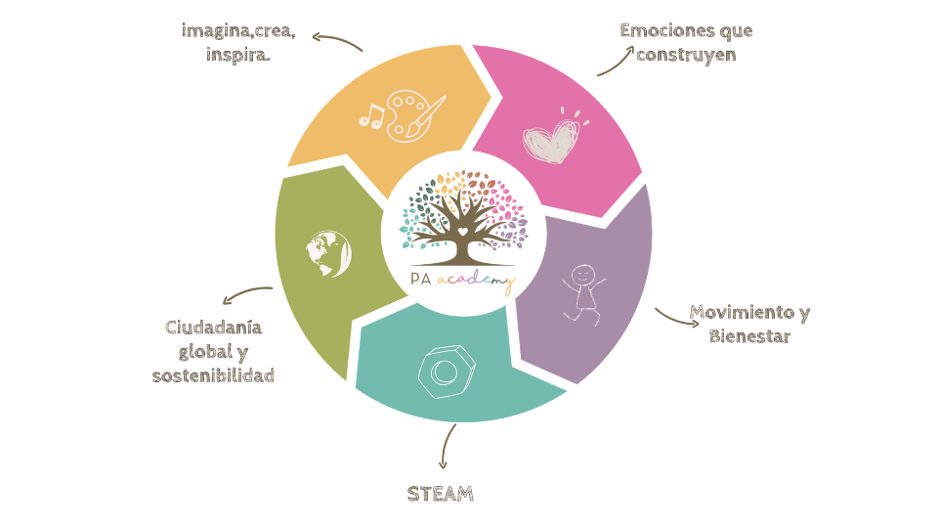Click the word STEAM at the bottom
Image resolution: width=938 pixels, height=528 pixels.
click(x=441, y=494)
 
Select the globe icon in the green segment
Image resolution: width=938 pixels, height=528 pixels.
click(x=328, y=254)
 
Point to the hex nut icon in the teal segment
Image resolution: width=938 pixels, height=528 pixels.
click(x=447, y=372)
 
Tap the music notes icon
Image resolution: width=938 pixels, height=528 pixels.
click(x=371, y=116)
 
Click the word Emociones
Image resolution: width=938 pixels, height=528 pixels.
click(x=660, y=30)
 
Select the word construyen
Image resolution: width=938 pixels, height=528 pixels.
click(x=686, y=55)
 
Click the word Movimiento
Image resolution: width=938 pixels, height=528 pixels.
click(x=742, y=313)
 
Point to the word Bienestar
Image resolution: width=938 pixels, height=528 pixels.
click(x=749, y=335)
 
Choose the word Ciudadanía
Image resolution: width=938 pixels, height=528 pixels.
click(x=214, y=328)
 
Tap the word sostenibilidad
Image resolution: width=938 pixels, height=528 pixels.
click(x=213, y=375)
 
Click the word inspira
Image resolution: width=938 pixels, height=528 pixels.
click(x=238, y=55)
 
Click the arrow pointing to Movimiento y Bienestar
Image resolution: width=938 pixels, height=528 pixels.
click(x=676, y=320)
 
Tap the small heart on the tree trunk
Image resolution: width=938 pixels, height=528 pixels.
click(x=462, y=231)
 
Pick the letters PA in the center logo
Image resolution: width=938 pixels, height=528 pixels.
click(x=420, y=279)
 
